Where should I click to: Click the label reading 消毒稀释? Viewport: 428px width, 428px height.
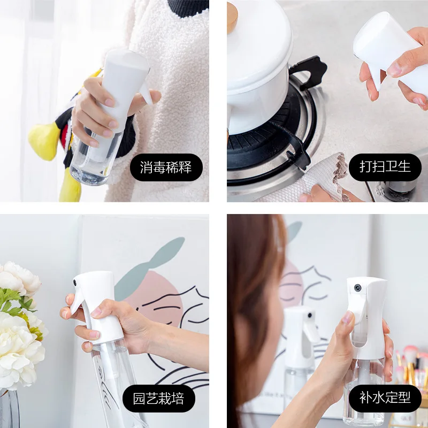[167, 167]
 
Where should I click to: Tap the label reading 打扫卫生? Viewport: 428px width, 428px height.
[385, 167]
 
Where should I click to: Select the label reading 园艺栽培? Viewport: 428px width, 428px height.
[164, 399]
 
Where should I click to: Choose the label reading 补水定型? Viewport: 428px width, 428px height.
[385, 399]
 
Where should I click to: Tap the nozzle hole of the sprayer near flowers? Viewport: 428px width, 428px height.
[76, 280]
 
